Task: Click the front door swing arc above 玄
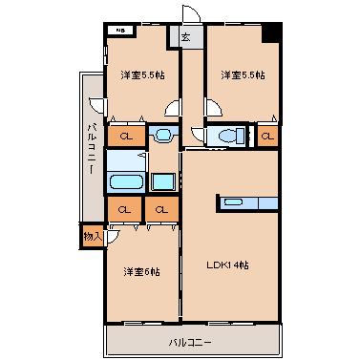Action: (x=189, y=13)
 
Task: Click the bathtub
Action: (x=125, y=181)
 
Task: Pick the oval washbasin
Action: (x=162, y=135)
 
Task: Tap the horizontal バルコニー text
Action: (x=191, y=341)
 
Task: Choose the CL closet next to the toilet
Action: (x=268, y=136)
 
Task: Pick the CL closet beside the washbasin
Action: (x=125, y=136)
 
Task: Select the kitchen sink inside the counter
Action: (x=233, y=201)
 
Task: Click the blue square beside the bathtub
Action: (x=162, y=181)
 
